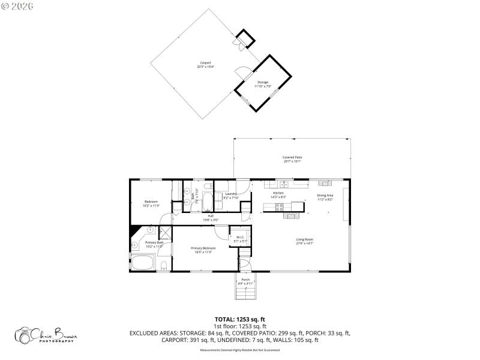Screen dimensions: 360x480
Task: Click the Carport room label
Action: pos(205,64)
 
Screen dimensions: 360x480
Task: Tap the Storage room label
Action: pos(263,84)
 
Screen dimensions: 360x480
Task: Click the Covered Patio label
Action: pos(292,159)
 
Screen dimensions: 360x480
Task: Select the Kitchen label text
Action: pos(278,195)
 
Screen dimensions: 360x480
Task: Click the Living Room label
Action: pos(305,241)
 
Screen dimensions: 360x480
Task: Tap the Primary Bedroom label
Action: pos(203,250)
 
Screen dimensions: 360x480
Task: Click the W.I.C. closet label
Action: pos(239,239)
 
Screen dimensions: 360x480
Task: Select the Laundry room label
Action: pos(231,196)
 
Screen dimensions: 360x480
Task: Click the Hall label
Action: pos(211,218)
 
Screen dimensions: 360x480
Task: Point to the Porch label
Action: pos(245,281)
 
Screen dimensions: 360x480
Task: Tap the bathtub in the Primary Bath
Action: pos(142,263)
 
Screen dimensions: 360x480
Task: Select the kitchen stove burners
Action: pos(279,208)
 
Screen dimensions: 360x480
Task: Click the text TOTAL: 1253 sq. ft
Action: pos(240,319)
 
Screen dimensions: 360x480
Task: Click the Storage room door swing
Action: pos(241,73)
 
